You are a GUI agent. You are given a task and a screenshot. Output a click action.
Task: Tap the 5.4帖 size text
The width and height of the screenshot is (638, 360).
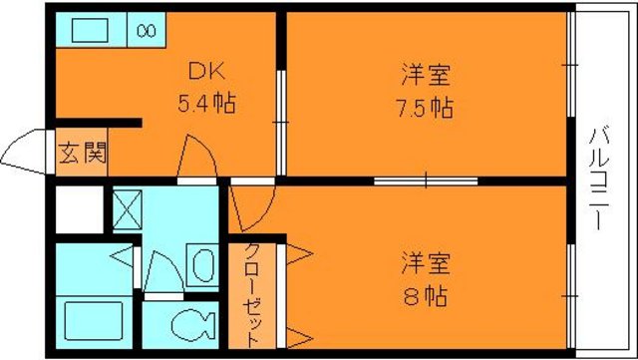pyautogui.click(x=207, y=103)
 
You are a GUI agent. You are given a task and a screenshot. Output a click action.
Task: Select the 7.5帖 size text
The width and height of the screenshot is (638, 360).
pyautogui.click(x=426, y=106)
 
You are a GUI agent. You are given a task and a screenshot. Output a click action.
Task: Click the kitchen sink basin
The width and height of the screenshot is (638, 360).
pyautogui.click(x=94, y=30)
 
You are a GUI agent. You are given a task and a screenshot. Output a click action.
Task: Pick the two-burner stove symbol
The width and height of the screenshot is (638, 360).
pyautogui.click(x=146, y=30)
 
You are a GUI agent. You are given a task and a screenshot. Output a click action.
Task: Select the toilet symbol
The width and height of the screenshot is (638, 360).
pyautogui.click(x=190, y=324)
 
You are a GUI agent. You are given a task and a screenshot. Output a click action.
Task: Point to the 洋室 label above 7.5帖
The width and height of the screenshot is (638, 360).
pyautogui.click(x=426, y=74)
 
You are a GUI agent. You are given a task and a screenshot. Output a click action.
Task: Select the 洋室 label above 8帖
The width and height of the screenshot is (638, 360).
pyautogui.click(x=426, y=264)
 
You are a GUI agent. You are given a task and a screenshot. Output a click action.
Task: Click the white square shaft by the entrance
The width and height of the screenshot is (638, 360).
pyautogui.click(x=77, y=209)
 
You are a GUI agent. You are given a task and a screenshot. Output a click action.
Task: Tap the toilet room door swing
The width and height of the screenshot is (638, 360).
pyautogui.click(x=159, y=271)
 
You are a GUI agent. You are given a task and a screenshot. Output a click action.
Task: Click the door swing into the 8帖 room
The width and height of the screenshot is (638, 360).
pyautogui.click(x=242, y=206)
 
